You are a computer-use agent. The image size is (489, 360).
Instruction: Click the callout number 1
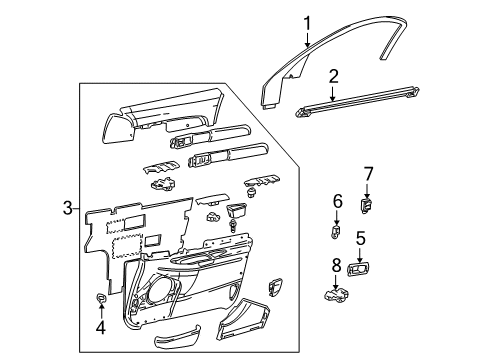pyautogui.click(x=307, y=24)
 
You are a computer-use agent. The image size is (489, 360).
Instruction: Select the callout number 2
pyautogui.click(x=333, y=77)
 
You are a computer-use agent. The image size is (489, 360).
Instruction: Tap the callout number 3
pyautogui.click(x=67, y=208)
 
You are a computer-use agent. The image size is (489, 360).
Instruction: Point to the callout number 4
pyautogui.click(x=100, y=327)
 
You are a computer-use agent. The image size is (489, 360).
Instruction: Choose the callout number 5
pyautogui.click(x=360, y=238)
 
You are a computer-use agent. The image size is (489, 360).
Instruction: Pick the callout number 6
pyautogui.click(x=337, y=202)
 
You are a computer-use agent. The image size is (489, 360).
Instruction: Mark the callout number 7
pyautogui.click(x=368, y=174)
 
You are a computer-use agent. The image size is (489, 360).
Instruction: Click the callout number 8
pyautogui.click(x=336, y=266)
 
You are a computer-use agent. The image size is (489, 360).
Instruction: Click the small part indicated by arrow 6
pyautogui.click(x=335, y=231)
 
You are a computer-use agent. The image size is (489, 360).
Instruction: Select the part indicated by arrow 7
pyautogui.click(x=366, y=206)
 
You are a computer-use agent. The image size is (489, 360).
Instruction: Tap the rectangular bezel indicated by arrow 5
pyautogui.click(x=358, y=269)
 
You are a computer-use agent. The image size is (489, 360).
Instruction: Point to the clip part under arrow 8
pyautogui.click(x=337, y=296)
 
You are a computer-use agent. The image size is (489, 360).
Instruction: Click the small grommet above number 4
pyautogui.click(x=101, y=298)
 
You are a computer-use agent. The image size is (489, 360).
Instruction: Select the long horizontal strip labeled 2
pyautogui.click(x=357, y=102)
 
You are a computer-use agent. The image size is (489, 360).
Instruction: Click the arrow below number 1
pyautogui.click(x=307, y=40)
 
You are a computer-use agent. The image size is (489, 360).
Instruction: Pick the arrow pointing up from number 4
pyautogui.click(x=101, y=311)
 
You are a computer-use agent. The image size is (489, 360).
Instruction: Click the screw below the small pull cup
pyautogui.click(x=233, y=226)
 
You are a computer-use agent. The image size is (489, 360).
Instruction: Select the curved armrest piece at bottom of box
pyautogui.click(x=177, y=336)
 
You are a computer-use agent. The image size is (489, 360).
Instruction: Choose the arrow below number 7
pyautogui.click(x=367, y=191)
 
